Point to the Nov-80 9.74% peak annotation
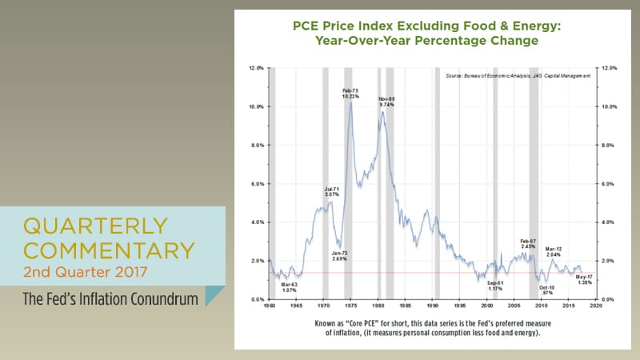click(x=387, y=102)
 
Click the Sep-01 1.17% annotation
click(x=495, y=286)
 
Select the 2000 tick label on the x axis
click(x=486, y=306)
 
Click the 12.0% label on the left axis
click(x=256, y=69)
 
